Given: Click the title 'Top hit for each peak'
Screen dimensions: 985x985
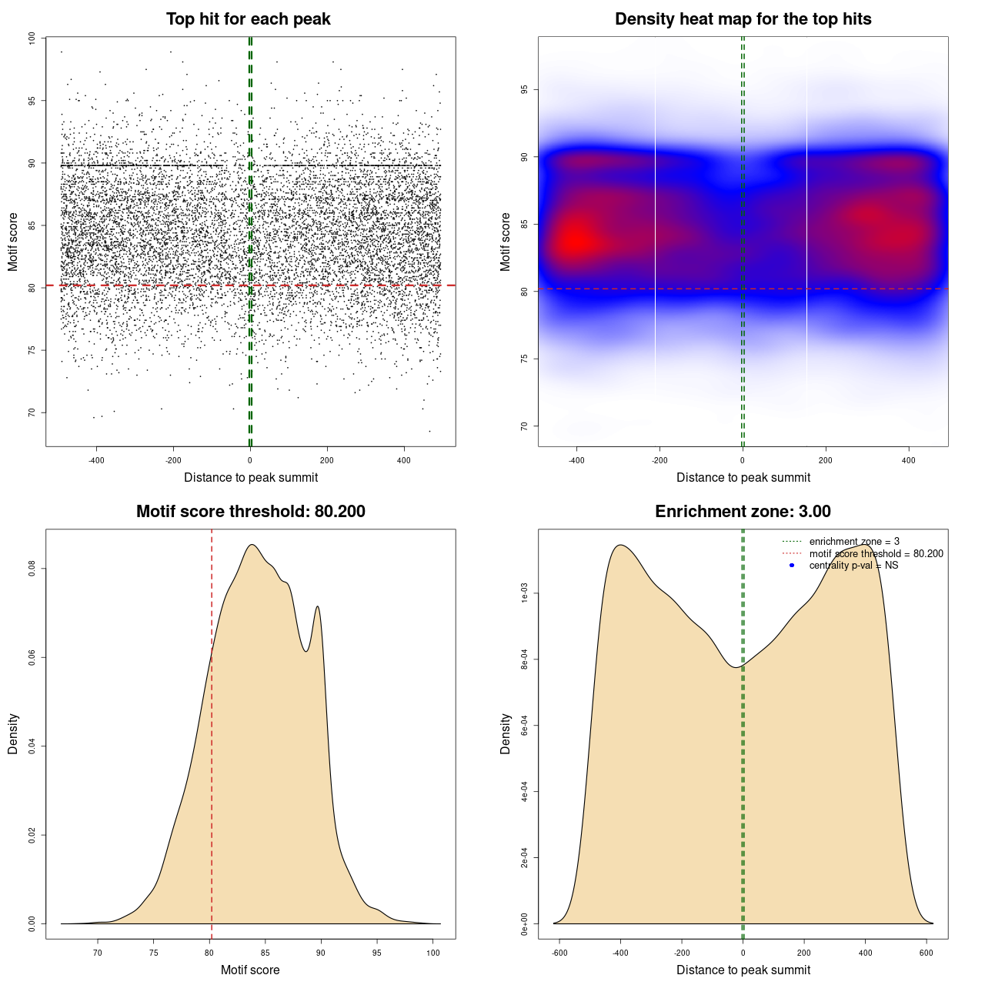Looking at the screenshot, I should point(248,19).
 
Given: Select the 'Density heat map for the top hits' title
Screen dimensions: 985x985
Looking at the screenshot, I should point(743,19).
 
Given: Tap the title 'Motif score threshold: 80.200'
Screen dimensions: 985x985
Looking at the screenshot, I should point(250,512).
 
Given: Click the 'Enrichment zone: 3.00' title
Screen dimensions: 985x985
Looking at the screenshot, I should point(743,512).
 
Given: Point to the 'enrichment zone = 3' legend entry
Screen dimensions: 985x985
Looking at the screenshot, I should point(854,542).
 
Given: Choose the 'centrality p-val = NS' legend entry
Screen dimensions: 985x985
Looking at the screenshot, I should point(853,566).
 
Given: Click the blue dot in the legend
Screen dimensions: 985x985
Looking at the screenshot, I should point(792,566).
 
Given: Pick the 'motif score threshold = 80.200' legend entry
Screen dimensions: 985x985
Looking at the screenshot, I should point(876,554).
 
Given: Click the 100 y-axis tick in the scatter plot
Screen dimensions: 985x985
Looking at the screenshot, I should point(32,38).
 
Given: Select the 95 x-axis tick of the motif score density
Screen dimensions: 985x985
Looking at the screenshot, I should point(376,953).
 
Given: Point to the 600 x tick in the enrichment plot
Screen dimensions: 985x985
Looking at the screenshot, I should point(927,953).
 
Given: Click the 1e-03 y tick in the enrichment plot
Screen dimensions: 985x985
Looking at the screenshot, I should point(524,593).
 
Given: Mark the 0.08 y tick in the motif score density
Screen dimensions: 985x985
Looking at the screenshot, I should point(32,569).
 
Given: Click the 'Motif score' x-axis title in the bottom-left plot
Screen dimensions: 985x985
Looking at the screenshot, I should point(250,970).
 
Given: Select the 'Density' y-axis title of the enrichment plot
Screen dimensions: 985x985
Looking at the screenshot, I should point(506,733).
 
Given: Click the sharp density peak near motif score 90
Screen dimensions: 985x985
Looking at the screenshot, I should point(317,607).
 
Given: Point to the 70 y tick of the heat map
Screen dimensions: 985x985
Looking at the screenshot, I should point(524,426).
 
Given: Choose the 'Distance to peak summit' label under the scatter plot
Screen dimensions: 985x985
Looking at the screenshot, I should point(251,477).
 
